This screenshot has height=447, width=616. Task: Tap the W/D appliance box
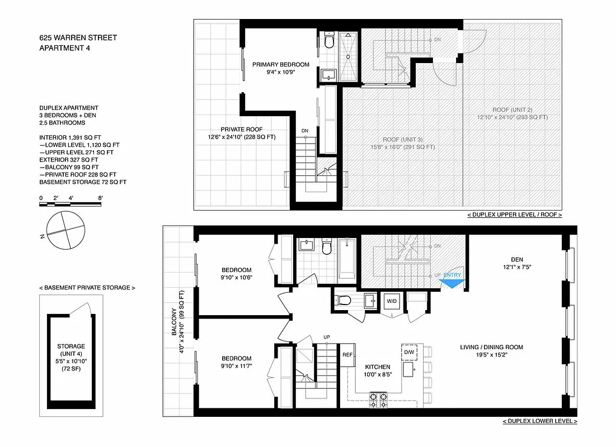(x=392, y=302)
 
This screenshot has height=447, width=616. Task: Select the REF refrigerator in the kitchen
(x=347, y=354)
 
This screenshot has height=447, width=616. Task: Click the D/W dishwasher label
(x=409, y=352)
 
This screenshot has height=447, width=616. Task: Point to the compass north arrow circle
(x=67, y=231)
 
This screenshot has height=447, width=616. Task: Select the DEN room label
(x=517, y=259)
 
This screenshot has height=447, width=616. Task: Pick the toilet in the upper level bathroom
(x=328, y=41)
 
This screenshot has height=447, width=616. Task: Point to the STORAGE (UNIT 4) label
(x=71, y=350)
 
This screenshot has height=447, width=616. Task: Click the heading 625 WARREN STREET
(x=78, y=38)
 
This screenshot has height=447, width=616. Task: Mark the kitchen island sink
(x=415, y=368)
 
